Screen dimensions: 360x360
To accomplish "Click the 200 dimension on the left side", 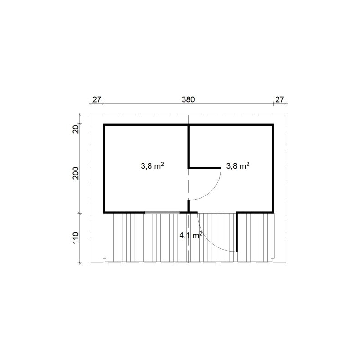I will [76, 174].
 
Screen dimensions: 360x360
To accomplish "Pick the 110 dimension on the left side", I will [76, 238].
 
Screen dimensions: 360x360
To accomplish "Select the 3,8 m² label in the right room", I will [237, 166].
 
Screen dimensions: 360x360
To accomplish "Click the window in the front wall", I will [162, 212].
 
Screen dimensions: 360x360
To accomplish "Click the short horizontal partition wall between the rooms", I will [205, 168].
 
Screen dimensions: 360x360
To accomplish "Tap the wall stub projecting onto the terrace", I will [237, 232].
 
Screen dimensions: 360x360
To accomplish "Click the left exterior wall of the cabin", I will [104, 169].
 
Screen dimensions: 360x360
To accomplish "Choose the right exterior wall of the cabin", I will [273, 169].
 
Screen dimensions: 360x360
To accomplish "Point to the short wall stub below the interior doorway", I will [189, 206].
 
